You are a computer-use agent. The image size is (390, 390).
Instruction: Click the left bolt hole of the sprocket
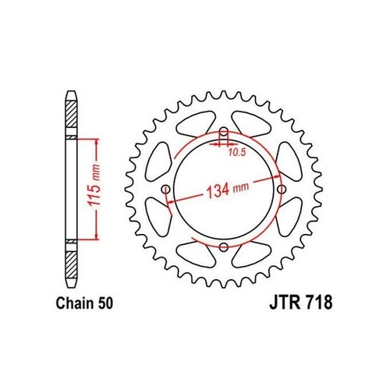click(x=167, y=190)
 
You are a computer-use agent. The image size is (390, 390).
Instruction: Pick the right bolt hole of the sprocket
click(x=280, y=190)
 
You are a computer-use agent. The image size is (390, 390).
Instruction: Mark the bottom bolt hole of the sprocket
click(x=224, y=246)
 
